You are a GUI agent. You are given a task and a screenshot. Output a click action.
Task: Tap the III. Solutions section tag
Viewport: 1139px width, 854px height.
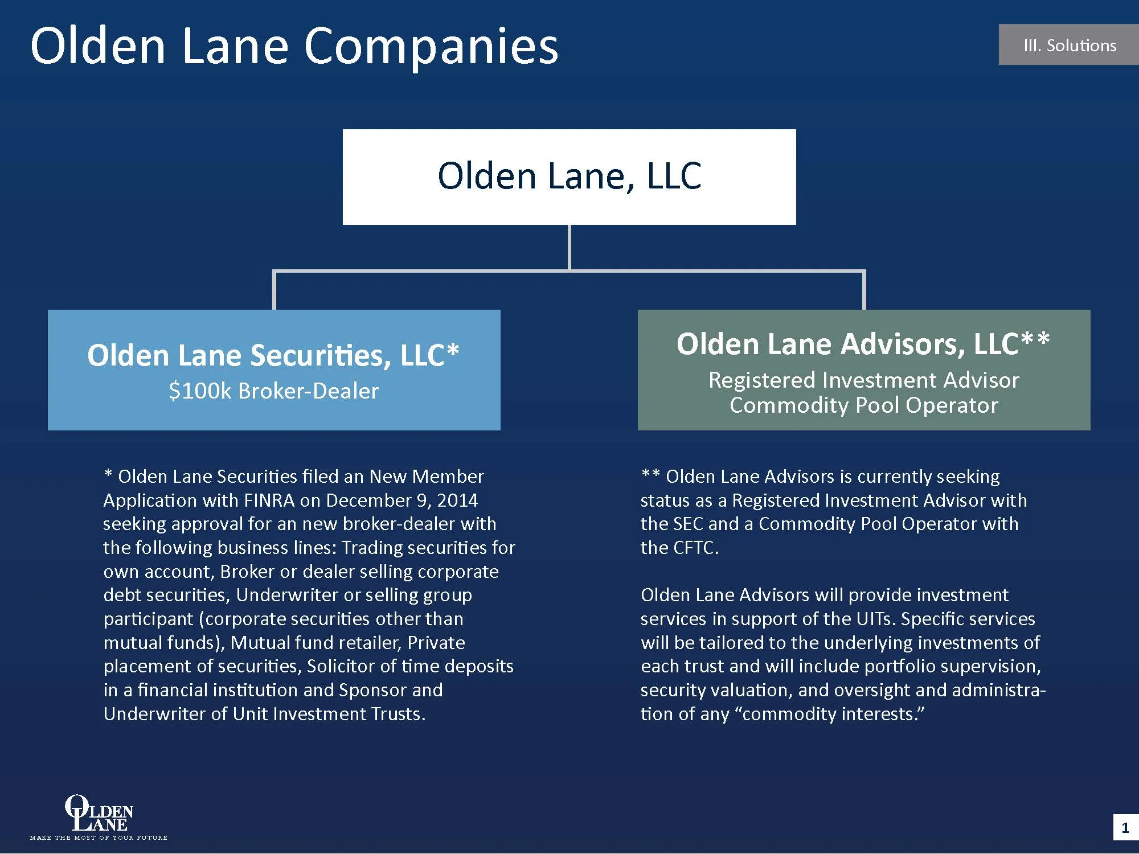[x=1069, y=45]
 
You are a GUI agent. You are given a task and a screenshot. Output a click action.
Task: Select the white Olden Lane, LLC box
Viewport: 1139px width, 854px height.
[x=569, y=176]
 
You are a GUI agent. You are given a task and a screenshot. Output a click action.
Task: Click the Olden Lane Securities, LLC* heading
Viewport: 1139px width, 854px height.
[x=273, y=355]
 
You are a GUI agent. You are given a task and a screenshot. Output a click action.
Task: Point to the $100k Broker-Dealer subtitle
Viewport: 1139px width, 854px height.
[x=273, y=391]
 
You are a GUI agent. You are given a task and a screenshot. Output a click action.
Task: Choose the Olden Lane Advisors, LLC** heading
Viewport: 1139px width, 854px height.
[x=863, y=344]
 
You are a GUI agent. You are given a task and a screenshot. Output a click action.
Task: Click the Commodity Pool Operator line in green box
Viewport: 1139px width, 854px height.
[x=863, y=405]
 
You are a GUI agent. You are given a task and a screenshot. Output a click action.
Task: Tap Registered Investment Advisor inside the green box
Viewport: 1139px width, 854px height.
[x=863, y=380]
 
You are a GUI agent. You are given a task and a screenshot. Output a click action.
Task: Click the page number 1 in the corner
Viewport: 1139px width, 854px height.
[x=1125, y=828]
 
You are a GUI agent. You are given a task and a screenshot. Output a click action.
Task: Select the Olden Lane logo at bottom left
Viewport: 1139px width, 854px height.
[x=99, y=813]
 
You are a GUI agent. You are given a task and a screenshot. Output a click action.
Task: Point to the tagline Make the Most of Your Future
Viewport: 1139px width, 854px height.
[x=99, y=837]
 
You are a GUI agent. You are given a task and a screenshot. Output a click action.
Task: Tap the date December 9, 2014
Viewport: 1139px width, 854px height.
[x=402, y=500]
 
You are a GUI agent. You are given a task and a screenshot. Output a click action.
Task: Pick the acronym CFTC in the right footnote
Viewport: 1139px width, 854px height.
[x=694, y=548]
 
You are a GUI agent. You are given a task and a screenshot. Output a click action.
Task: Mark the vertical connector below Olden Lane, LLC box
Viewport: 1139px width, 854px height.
[x=569, y=247]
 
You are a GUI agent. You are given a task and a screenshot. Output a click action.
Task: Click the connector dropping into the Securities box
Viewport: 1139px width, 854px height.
[x=274, y=290]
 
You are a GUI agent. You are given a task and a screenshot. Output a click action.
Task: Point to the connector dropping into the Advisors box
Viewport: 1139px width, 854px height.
[x=864, y=290]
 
